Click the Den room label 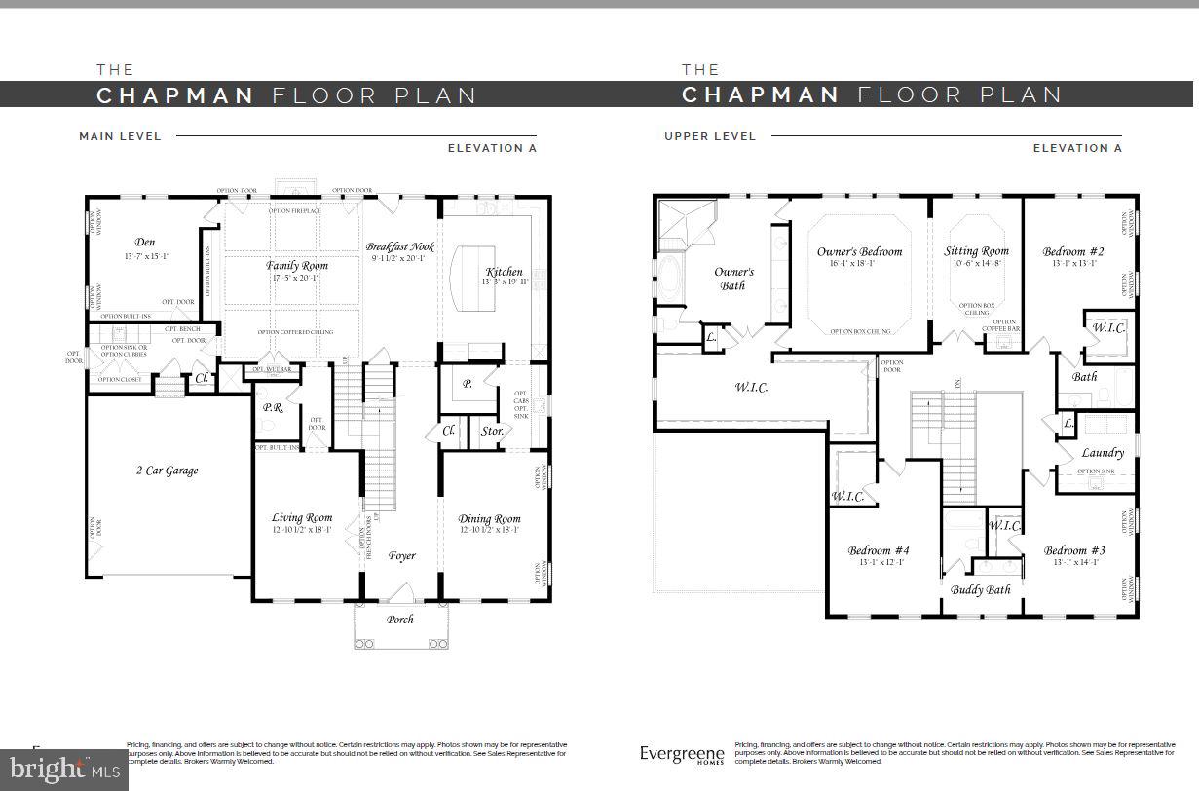145,243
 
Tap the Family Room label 297,265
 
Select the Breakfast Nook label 400,247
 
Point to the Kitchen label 503,272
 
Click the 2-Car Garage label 167,471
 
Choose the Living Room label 302,518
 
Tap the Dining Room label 489,519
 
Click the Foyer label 402,556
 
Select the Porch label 399,619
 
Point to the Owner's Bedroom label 859,252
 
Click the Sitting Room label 976,251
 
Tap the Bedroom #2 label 1072,251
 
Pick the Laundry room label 1103,453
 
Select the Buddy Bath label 981,589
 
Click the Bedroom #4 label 878,550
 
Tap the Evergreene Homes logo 682,754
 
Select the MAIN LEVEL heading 120,136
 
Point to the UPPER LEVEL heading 710,136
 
